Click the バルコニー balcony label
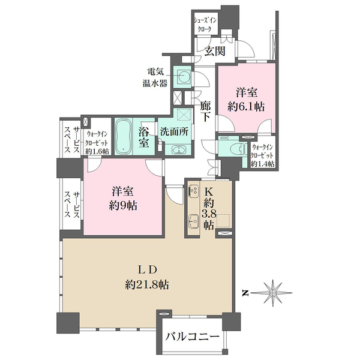click(192, 337)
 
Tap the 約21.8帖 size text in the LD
click(147, 285)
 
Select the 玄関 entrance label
click(215, 51)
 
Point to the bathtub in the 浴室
click(124, 136)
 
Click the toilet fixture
click(239, 148)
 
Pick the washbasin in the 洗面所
click(178, 150)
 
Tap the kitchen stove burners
click(193, 190)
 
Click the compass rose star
click(272, 293)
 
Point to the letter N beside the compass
click(245, 293)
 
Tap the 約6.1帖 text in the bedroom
click(246, 107)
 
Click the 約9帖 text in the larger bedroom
click(123, 206)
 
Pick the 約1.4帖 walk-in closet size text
click(262, 164)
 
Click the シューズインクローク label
click(205, 25)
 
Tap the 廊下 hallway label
click(205, 112)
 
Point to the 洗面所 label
click(174, 132)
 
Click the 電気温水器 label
click(155, 77)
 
